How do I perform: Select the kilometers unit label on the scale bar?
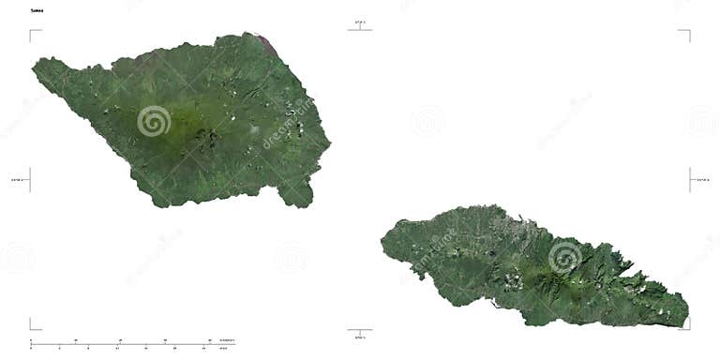click(x=227, y=340)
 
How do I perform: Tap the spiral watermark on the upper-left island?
click(x=154, y=121)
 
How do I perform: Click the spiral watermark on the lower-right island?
click(x=564, y=255)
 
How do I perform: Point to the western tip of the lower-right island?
click(x=383, y=244)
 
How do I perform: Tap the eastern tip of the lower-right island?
click(x=686, y=317)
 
